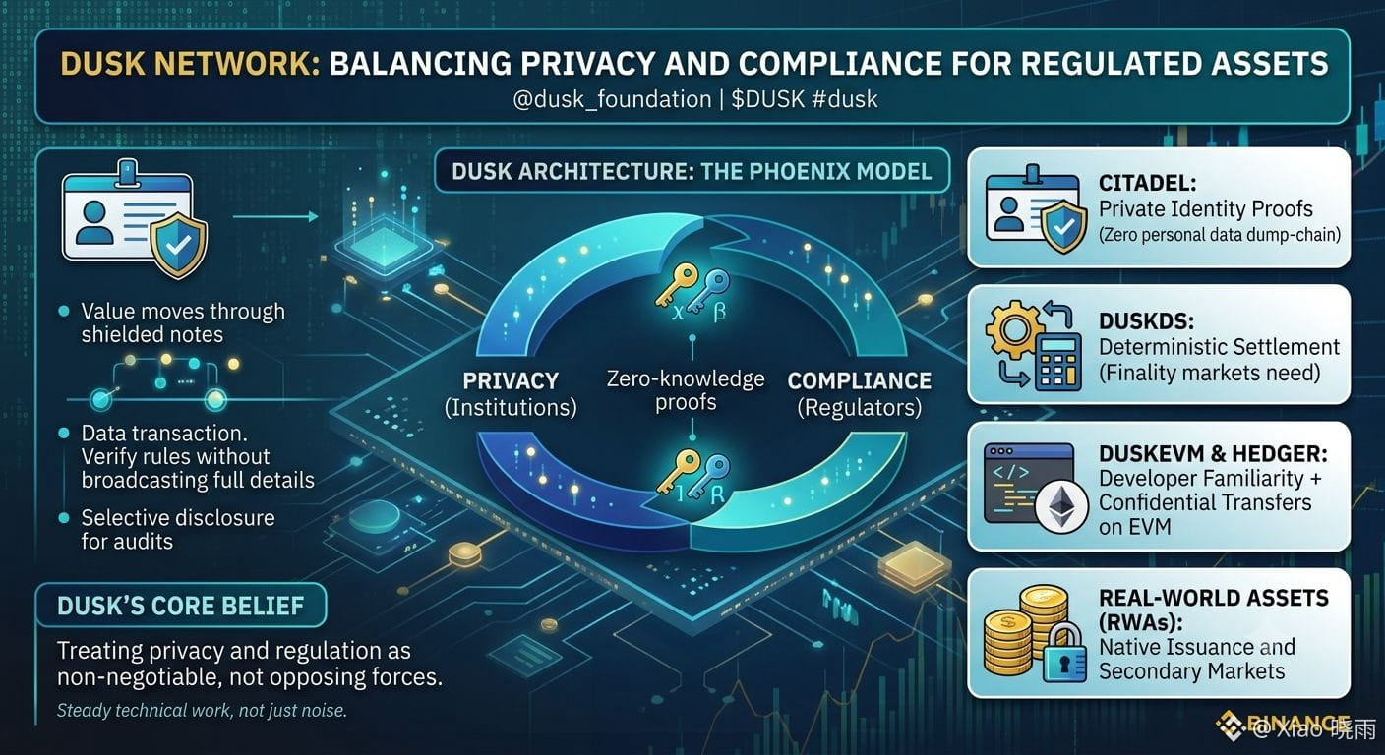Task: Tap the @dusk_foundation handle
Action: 612,99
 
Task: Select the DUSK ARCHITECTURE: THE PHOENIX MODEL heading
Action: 692,171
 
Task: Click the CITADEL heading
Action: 1147,183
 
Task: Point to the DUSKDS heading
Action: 1146,321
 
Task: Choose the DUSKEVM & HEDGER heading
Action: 1213,454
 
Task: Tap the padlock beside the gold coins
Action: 1064,653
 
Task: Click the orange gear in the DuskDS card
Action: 1013,329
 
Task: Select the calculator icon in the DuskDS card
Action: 1057,362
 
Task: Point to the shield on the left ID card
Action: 178,245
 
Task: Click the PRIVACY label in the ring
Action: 511,380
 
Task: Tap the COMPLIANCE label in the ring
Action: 860,380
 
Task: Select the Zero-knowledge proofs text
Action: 686,390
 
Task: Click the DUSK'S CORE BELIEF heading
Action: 181,606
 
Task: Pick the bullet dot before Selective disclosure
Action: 63,518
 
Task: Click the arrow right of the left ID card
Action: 275,217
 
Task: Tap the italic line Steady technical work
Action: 202,710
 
